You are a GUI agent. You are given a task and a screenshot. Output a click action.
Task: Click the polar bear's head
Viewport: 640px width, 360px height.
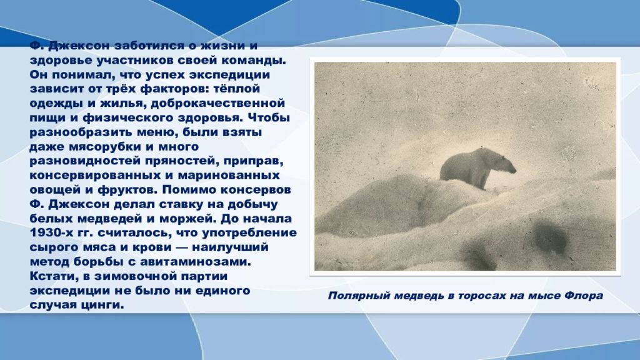coord(506,164)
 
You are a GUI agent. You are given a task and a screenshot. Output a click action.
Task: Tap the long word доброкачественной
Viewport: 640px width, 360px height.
coord(217,104)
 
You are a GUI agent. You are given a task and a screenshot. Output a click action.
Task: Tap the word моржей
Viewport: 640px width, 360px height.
coord(187,219)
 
